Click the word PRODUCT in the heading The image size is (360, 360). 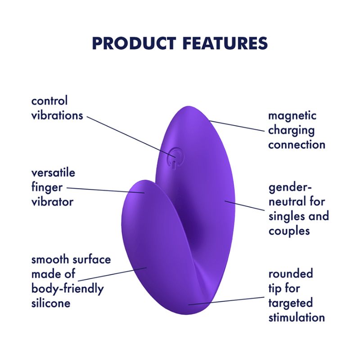[133, 44]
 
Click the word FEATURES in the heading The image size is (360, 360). [225, 44]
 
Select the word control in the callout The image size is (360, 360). [49, 100]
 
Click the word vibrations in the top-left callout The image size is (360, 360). [57, 115]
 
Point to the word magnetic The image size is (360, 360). [292, 115]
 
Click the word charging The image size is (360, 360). [291, 130]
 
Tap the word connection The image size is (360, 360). [297, 144]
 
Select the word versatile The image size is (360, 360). [53, 173]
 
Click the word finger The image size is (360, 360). [47, 188]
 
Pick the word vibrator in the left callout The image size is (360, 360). [52, 202]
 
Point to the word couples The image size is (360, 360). [289, 230]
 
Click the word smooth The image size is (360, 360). [50, 260]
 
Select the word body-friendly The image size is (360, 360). [67, 288]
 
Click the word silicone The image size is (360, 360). [51, 303]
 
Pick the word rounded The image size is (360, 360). [291, 274]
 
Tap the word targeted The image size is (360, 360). [290, 302]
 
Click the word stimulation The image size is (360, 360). [297, 317]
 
